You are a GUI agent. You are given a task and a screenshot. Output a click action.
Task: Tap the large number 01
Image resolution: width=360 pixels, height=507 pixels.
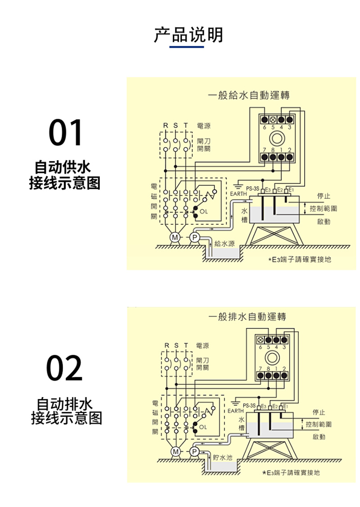[x=66, y=133]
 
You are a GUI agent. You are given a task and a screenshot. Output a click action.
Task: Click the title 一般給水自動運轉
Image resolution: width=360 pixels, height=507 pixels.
[x=248, y=95]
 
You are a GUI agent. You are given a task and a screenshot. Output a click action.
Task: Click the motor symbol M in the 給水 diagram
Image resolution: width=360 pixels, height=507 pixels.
[x=174, y=237]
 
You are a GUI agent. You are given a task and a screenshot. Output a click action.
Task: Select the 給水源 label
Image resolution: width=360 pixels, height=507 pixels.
[x=225, y=243]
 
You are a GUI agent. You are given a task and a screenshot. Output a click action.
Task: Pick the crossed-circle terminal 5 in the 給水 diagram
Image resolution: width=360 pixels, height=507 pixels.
[x=272, y=120]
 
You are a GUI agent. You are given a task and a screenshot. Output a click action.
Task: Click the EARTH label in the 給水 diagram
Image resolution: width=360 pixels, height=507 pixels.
[x=238, y=194]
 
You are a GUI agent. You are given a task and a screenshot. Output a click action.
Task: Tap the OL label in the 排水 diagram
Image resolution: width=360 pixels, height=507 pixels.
[x=203, y=426]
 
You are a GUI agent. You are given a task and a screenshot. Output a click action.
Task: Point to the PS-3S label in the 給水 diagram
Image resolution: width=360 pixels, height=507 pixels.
[x=252, y=189]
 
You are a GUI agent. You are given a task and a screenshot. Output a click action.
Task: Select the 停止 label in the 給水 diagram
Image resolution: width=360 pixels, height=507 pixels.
[x=324, y=196]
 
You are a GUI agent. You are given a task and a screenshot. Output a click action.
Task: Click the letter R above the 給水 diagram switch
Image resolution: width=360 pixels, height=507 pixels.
[x=165, y=125]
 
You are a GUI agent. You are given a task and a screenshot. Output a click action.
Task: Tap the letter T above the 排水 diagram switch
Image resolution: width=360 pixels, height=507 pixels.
[x=185, y=345]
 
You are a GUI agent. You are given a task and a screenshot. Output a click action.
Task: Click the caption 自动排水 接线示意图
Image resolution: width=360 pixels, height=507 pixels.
[x=66, y=410]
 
